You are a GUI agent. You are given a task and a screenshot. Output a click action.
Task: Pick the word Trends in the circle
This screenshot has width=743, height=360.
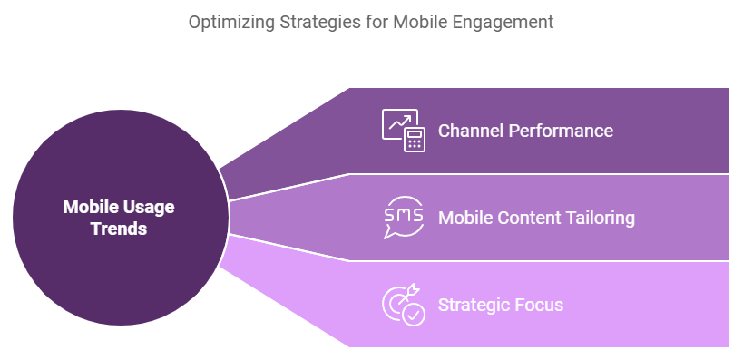coord(119,229)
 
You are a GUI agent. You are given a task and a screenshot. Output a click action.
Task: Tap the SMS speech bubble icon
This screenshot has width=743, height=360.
coord(403,218)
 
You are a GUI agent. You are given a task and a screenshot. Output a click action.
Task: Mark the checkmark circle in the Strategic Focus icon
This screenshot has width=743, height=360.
coord(414,315)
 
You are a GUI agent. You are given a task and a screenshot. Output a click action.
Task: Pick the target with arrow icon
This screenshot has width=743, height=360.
coord(397,301)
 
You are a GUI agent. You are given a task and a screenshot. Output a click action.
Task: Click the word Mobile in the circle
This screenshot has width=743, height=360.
coord(91,207)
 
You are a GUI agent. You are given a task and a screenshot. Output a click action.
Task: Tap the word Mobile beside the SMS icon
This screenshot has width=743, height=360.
coord(464,218)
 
